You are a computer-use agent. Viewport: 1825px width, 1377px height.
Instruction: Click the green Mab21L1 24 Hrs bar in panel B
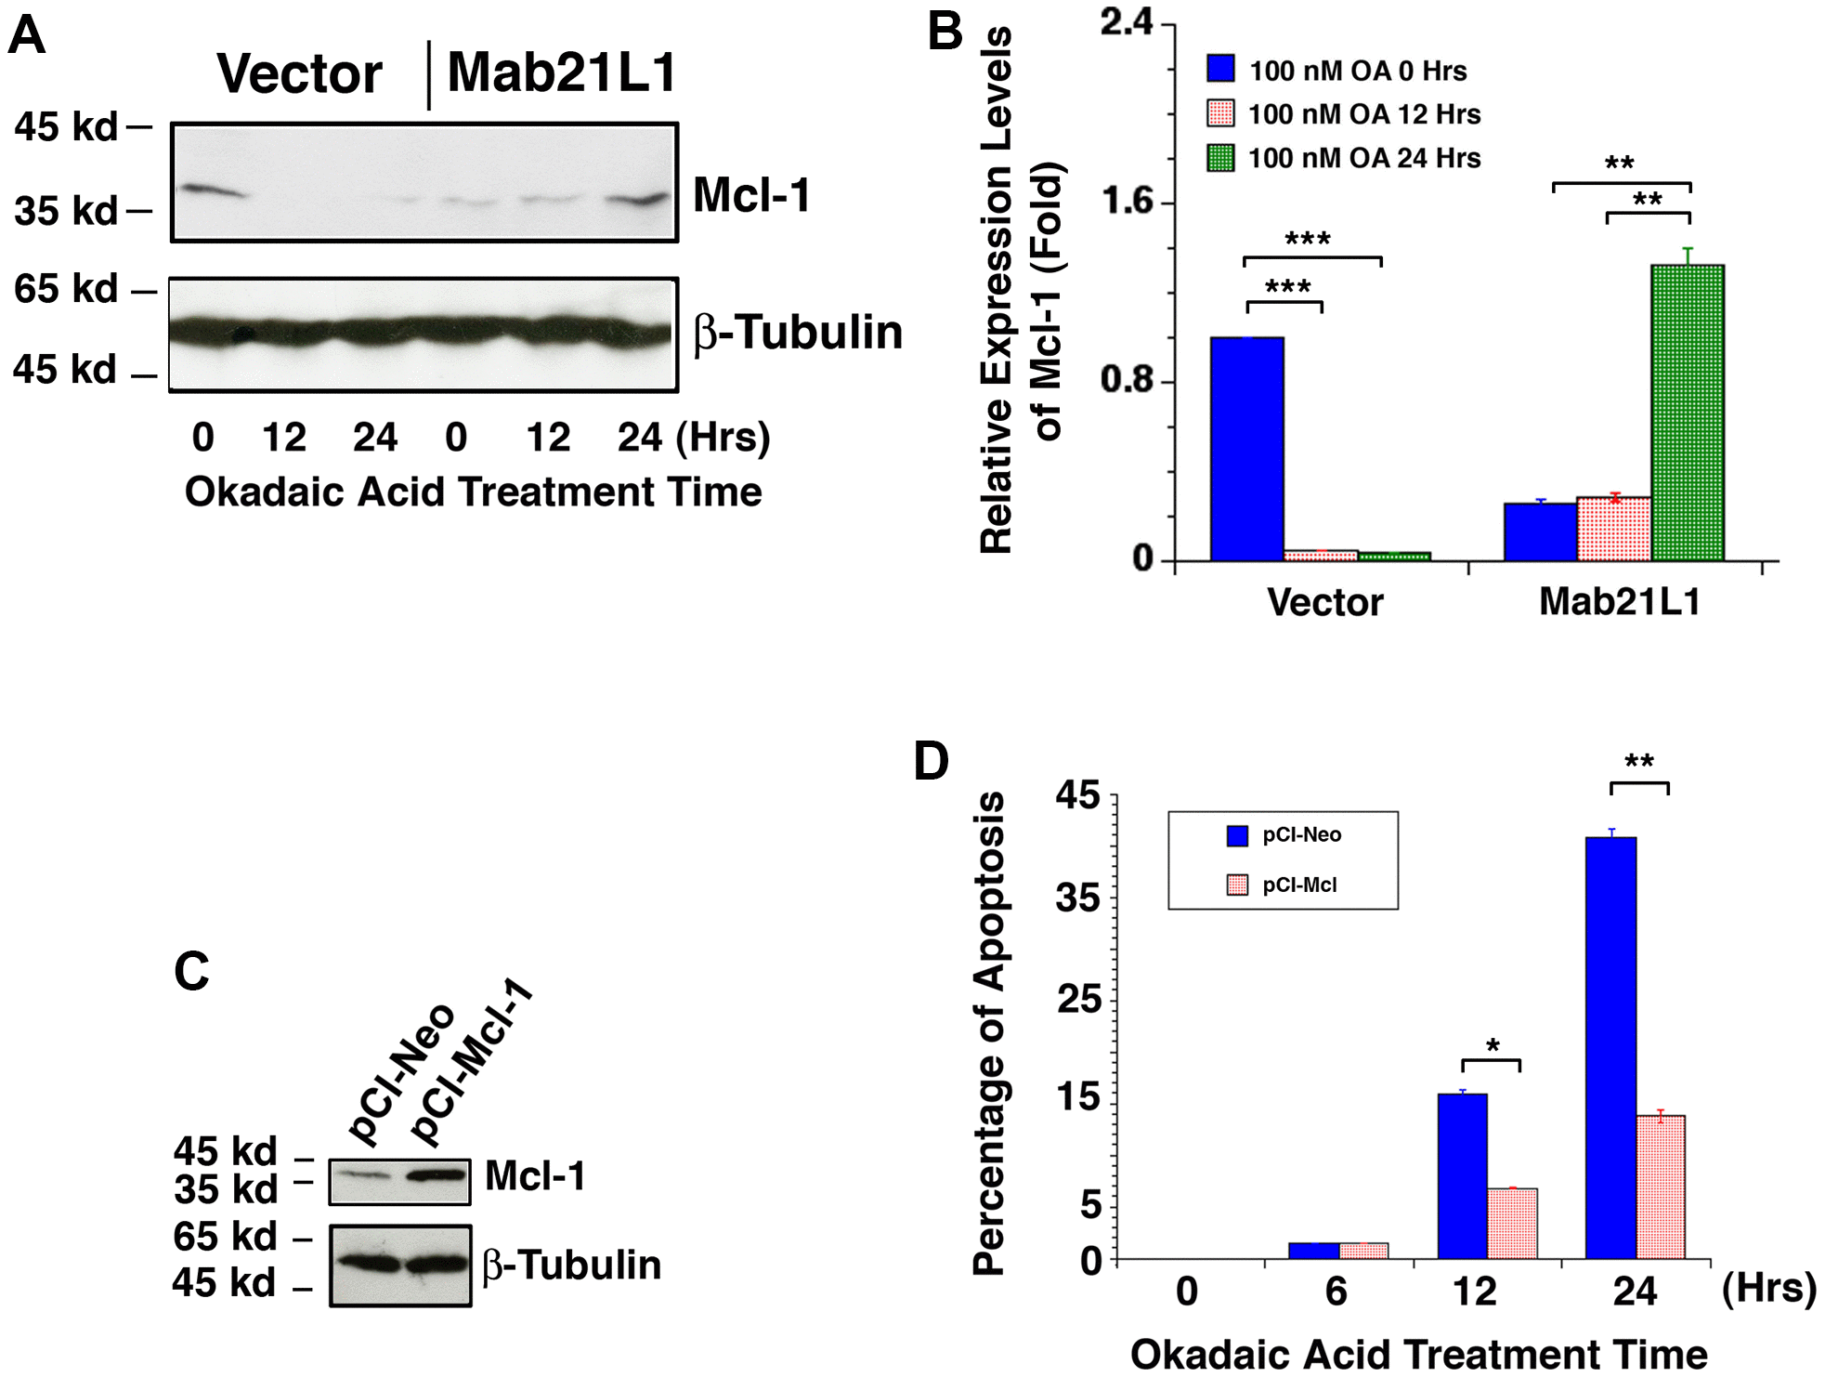1687,413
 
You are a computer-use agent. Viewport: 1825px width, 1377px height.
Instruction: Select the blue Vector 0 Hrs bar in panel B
1246,449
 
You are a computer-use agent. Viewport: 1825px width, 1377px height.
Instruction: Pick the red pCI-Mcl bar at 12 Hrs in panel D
1512,1223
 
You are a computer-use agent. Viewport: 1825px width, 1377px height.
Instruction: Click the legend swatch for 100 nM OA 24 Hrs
1220,158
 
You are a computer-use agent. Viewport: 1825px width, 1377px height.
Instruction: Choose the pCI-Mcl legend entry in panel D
1298,885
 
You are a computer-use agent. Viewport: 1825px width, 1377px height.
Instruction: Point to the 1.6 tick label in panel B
1127,202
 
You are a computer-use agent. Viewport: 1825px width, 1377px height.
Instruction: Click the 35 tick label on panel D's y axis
1077,898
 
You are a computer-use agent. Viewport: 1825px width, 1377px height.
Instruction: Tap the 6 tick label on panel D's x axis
1336,1292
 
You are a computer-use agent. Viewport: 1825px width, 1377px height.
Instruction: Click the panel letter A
27,35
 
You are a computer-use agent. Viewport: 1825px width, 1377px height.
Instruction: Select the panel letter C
192,972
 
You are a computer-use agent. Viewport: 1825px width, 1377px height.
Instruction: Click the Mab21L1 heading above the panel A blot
562,72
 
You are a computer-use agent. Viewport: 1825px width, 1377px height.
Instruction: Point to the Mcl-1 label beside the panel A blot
751,196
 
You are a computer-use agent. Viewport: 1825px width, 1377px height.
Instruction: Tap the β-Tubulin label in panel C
571,1266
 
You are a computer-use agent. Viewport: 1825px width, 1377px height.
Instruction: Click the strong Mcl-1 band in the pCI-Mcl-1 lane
436,1175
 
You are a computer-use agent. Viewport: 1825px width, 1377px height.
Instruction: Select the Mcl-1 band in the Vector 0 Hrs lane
210,191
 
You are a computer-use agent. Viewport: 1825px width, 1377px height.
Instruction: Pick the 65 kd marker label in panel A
65,289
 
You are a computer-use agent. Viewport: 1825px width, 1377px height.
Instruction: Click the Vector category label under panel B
1324,603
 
